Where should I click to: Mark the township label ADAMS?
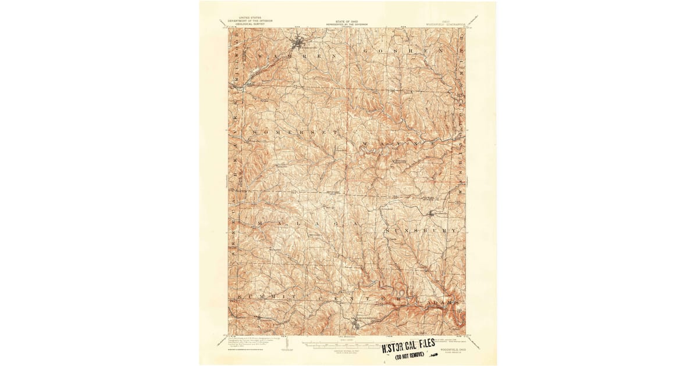443,303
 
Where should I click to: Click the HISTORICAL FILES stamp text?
408,345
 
